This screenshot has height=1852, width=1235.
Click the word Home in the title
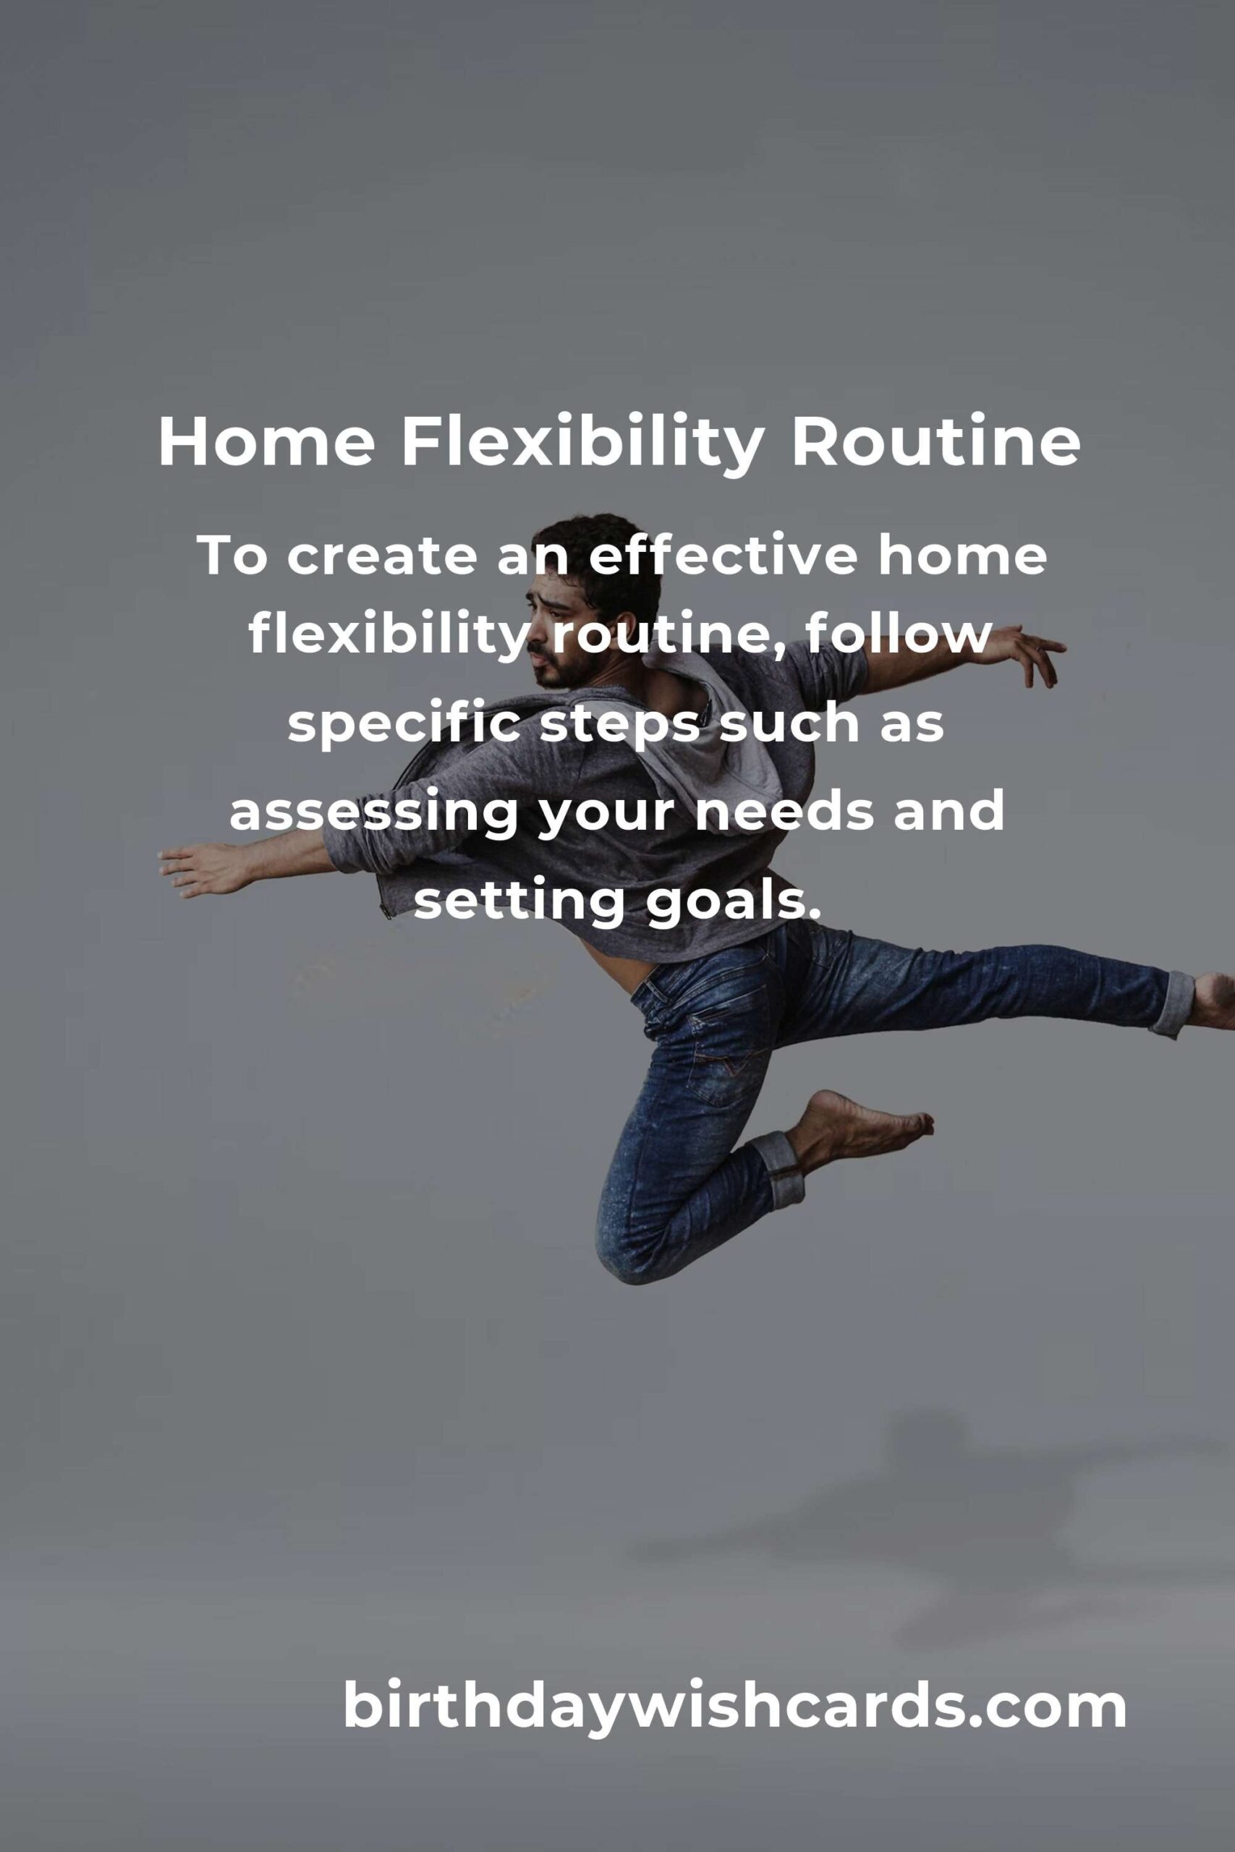point(267,443)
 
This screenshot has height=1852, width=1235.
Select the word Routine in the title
point(935,443)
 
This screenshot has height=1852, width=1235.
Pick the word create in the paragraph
point(381,558)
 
